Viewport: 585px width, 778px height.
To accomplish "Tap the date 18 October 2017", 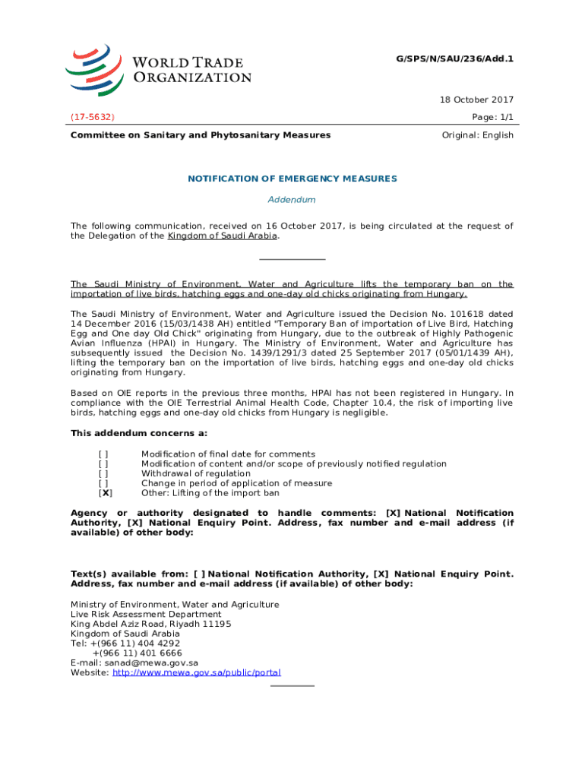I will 477,100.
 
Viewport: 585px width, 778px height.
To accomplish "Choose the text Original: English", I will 477,135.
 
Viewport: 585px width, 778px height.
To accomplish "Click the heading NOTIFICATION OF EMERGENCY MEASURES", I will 292,179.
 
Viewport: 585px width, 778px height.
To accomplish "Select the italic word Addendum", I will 292,200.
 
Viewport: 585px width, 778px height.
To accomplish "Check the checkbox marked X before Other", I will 104,492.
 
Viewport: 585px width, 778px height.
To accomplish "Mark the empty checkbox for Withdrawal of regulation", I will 103,473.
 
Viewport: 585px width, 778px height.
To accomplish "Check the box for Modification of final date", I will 103,454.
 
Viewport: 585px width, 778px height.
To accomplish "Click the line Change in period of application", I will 236,483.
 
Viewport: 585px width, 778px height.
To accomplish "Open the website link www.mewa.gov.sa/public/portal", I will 197,672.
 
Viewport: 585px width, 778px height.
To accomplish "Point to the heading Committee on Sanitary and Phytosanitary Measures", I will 201,135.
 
